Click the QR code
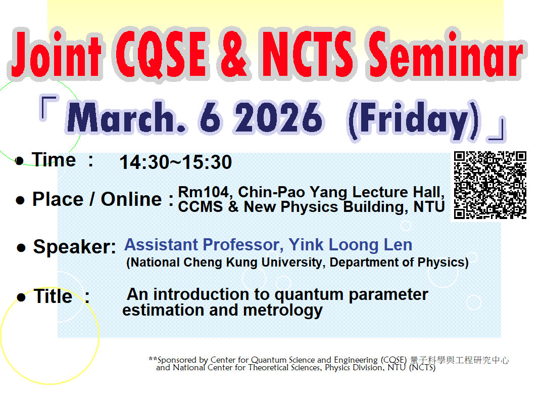490,185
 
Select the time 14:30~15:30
175,162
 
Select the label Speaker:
75,247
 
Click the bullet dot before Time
20,161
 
